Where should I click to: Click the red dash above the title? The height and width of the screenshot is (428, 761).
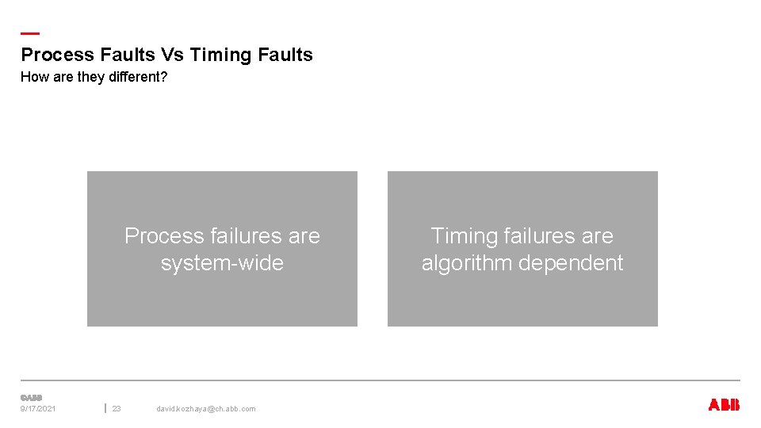pyautogui.click(x=29, y=33)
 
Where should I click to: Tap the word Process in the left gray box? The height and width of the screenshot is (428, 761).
pyautogui.click(x=164, y=236)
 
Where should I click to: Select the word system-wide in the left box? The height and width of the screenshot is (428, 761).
pyautogui.click(x=222, y=263)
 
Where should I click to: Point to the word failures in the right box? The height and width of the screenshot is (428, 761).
pyautogui.click(x=545, y=236)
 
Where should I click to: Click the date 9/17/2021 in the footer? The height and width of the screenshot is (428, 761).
pyautogui.click(x=38, y=409)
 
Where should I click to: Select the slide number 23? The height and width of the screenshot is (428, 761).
pyautogui.click(x=117, y=409)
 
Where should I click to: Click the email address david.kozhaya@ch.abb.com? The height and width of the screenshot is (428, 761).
pyautogui.click(x=206, y=409)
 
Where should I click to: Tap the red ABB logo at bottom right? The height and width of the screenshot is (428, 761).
pyautogui.click(x=724, y=405)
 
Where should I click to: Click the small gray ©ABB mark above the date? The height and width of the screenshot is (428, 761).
pyautogui.click(x=31, y=397)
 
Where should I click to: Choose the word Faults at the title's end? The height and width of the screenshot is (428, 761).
pyautogui.click(x=285, y=55)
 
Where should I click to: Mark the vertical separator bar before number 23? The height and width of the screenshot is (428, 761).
pyautogui.click(x=105, y=408)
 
